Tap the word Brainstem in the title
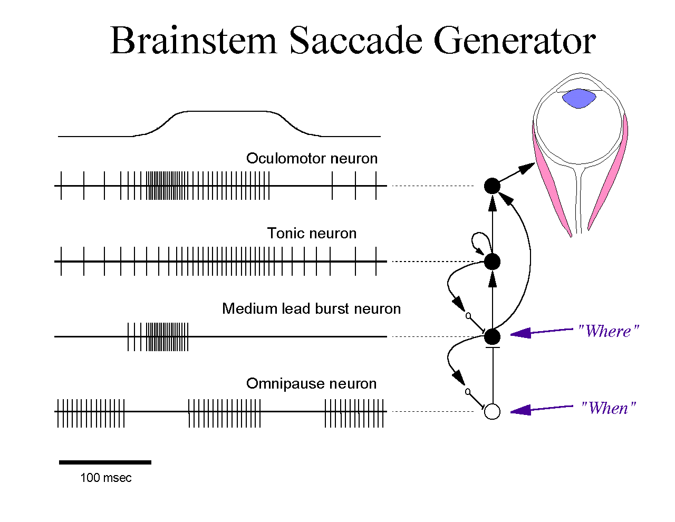pos(193,41)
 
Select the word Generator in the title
pos(514,41)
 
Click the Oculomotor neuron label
pos(312,158)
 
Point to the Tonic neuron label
pos(312,233)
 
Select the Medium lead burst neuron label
pos(312,308)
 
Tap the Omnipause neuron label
pos(312,384)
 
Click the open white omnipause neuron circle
pos(493,411)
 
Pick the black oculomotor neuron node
pos(493,186)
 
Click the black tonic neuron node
pos(493,262)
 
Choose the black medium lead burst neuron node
pos(493,336)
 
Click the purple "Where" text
pos(609,331)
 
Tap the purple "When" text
pos(609,408)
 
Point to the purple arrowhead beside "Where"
pos(520,334)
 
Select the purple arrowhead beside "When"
pos(520,410)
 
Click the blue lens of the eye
pos(579,99)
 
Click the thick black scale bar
pos(105,462)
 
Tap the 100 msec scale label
pos(106,478)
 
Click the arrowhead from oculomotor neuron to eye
pos(526,169)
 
